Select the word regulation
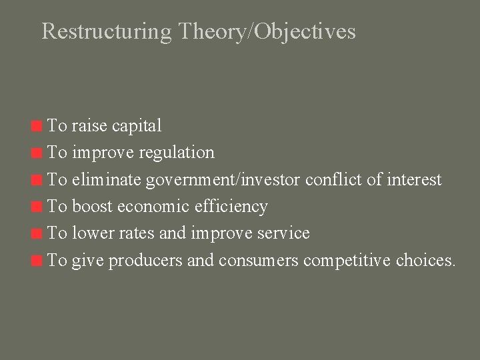[x=177, y=153]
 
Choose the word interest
[x=415, y=179]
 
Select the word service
[x=285, y=233]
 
